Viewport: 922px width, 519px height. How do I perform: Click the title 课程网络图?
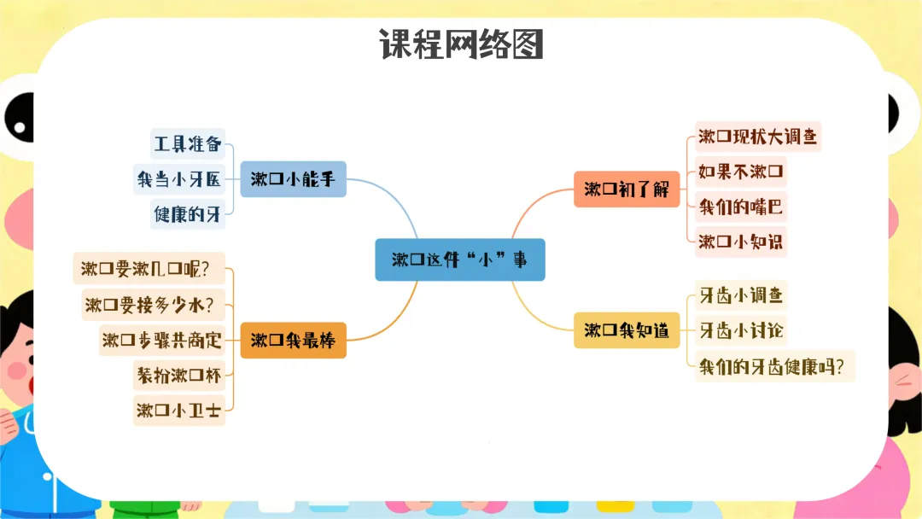pyautogui.click(x=461, y=44)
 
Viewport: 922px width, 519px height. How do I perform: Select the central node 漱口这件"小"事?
pyautogui.click(x=459, y=259)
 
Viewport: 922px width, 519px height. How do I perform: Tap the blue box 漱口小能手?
pyautogui.click(x=293, y=179)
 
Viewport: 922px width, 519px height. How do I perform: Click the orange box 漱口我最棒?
pyautogui.click(x=293, y=341)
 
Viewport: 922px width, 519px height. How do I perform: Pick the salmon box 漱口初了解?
pyautogui.click(x=627, y=189)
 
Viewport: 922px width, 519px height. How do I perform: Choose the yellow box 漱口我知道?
pyautogui.click(x=627, y=330)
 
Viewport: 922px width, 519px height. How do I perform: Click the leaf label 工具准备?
pyautogui.click(x=188, y=143)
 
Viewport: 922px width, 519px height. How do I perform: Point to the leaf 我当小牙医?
pyautogui.click(x=178, y=179)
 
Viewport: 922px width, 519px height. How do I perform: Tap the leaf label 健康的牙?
pyautogui.click(x=188, y=214)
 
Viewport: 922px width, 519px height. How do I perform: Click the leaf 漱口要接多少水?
pyautogui.click(x=149, y=304)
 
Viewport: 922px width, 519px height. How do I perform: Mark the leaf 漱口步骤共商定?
pyautogui.click(x=161, y=340)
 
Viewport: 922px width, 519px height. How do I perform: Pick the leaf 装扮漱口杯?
pyautogui.click(x=178, y=375)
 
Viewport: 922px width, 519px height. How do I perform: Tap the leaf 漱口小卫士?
pyautogui.click(x=178, y=411)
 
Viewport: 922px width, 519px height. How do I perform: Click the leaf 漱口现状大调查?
pyautogui.click(x=757, y=136)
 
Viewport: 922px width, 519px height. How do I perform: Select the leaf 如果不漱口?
pyautogui.click(x=739, y=172)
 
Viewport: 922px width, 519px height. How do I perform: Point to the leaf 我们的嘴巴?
pyautogui.click(x=739, y=207)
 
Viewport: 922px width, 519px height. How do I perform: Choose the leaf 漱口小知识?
pyautogui.click(x=739, y=242)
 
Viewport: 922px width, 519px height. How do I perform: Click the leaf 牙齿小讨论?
pyautogui.click(x=739, y=329)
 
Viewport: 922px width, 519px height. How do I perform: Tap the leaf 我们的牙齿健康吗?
pyautogui.click(x=775, y=366)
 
